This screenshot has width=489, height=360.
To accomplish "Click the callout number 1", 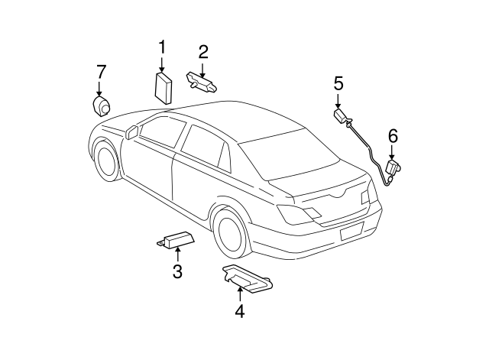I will pyautogui.click(x=162, y=47).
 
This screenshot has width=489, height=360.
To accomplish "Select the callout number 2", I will pyautogui.click(x=203, y=52).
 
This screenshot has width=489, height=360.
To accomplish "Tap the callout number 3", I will pyautogui.click(x=177, y=271).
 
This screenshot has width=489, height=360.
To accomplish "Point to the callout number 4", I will pyautogui.click(x=239, y=311).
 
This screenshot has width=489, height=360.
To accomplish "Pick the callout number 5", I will pyautogui.click(x=338, y=83).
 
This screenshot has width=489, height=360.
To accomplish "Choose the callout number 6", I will pyautogui.click(x=393, y=136).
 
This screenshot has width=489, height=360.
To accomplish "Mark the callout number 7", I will pyautogui.click(x=101, y=72).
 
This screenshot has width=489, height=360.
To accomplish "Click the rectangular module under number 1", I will pyautogui.click(x=163, y=87).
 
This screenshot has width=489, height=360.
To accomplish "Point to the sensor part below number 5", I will pyautogui.click(x=341, y=117).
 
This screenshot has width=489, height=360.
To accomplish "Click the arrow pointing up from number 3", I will pyautogui.click(x=177, y=255).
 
